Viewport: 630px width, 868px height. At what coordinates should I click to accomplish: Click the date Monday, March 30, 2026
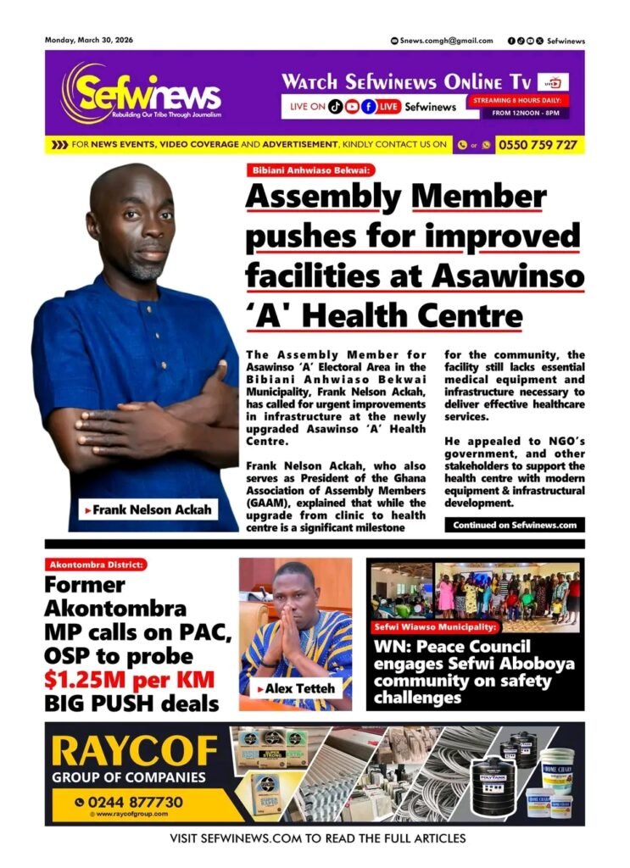coord(88,40)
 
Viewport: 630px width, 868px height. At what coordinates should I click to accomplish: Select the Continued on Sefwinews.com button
coord(514,526)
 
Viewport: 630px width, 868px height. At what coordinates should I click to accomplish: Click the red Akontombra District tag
coord(97,564)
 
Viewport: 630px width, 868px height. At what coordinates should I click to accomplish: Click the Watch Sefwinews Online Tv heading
coord(406,82)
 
